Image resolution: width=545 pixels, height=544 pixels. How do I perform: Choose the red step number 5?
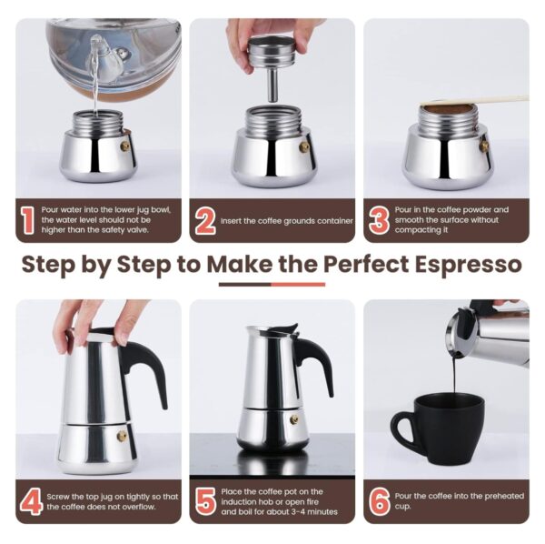205,501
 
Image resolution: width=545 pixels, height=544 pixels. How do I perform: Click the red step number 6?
380,501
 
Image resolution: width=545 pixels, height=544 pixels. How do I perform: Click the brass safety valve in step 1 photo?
124,146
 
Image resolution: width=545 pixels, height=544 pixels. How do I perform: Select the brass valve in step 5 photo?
293,419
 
